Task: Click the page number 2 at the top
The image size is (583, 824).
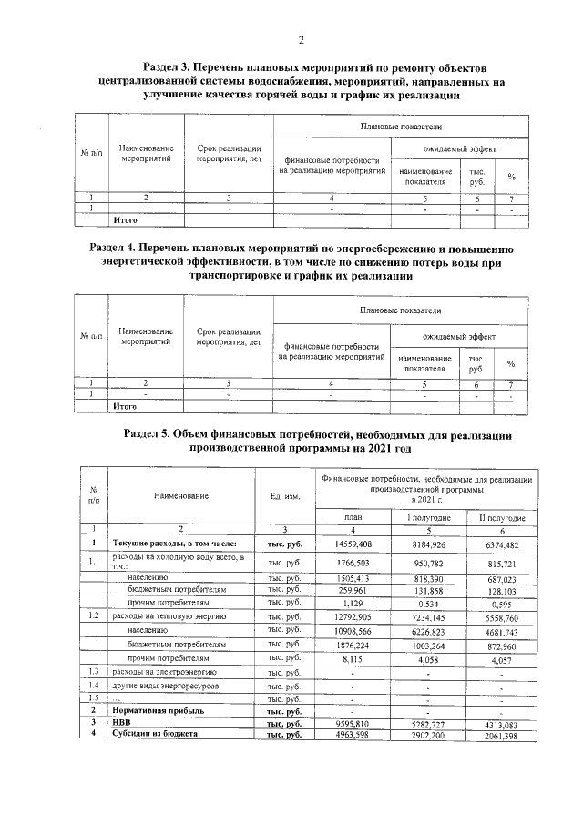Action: (x=300, y=38)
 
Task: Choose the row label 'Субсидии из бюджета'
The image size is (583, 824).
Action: (x=154, y=732)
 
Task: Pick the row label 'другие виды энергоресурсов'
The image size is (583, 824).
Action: (x=165, y=684)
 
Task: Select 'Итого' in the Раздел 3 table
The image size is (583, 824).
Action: (x=125, y=219)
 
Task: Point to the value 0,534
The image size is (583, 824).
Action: (x=425, y=603)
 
